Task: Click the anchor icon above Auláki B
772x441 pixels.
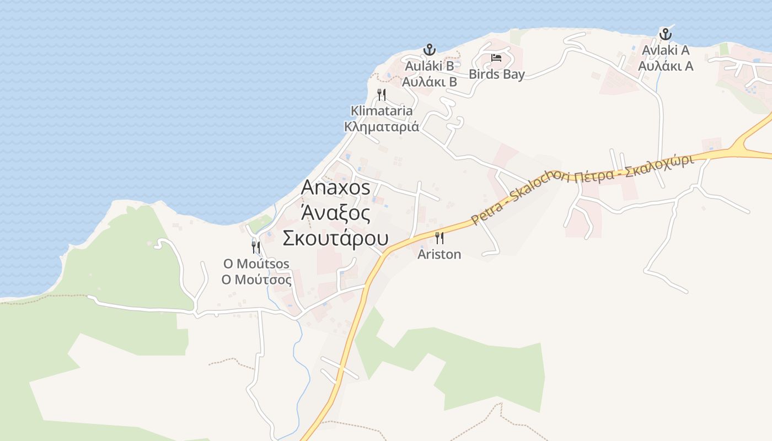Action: pyautogui.click(x=429, y=50)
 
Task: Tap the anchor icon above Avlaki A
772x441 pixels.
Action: pyautogui.click(x=666, y=34)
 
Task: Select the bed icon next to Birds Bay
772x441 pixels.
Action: pyautogui.click(x=496, y=57)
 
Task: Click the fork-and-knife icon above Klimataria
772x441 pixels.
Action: pyautogui.click(x=382, y=95)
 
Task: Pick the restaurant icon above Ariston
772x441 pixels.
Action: pyautogui.click(x=439, y=238)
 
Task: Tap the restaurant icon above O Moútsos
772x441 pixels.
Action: pyautogui.click(x=256, y=246)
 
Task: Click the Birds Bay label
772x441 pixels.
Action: pyautogui.click(x=496, y=74)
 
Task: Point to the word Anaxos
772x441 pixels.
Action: pyautogui.click(x=335, y=188)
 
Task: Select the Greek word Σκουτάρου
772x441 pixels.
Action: pyautogui.click(x=335, y=239)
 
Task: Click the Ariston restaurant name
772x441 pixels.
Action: pyautogui.click(x=439, y=254)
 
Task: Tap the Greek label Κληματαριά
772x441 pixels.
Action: pyautogui.click(x=382, y=127)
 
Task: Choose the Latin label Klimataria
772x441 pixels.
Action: pyautogui.click(x=382, y=111)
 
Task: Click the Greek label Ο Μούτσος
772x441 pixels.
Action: pyautogui.click(x=256, y=279)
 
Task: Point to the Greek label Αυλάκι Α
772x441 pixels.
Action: pyautogui.click(x=666, y=66)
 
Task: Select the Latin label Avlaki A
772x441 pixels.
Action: pyautogui.click(x=666, y=50)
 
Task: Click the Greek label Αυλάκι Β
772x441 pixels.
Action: pyautogui.click(x=429, y=82)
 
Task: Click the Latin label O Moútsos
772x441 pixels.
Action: pyautogui.click(x=256, y=264)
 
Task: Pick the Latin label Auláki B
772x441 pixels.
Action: pyautogui.click(x=429, y=66)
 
